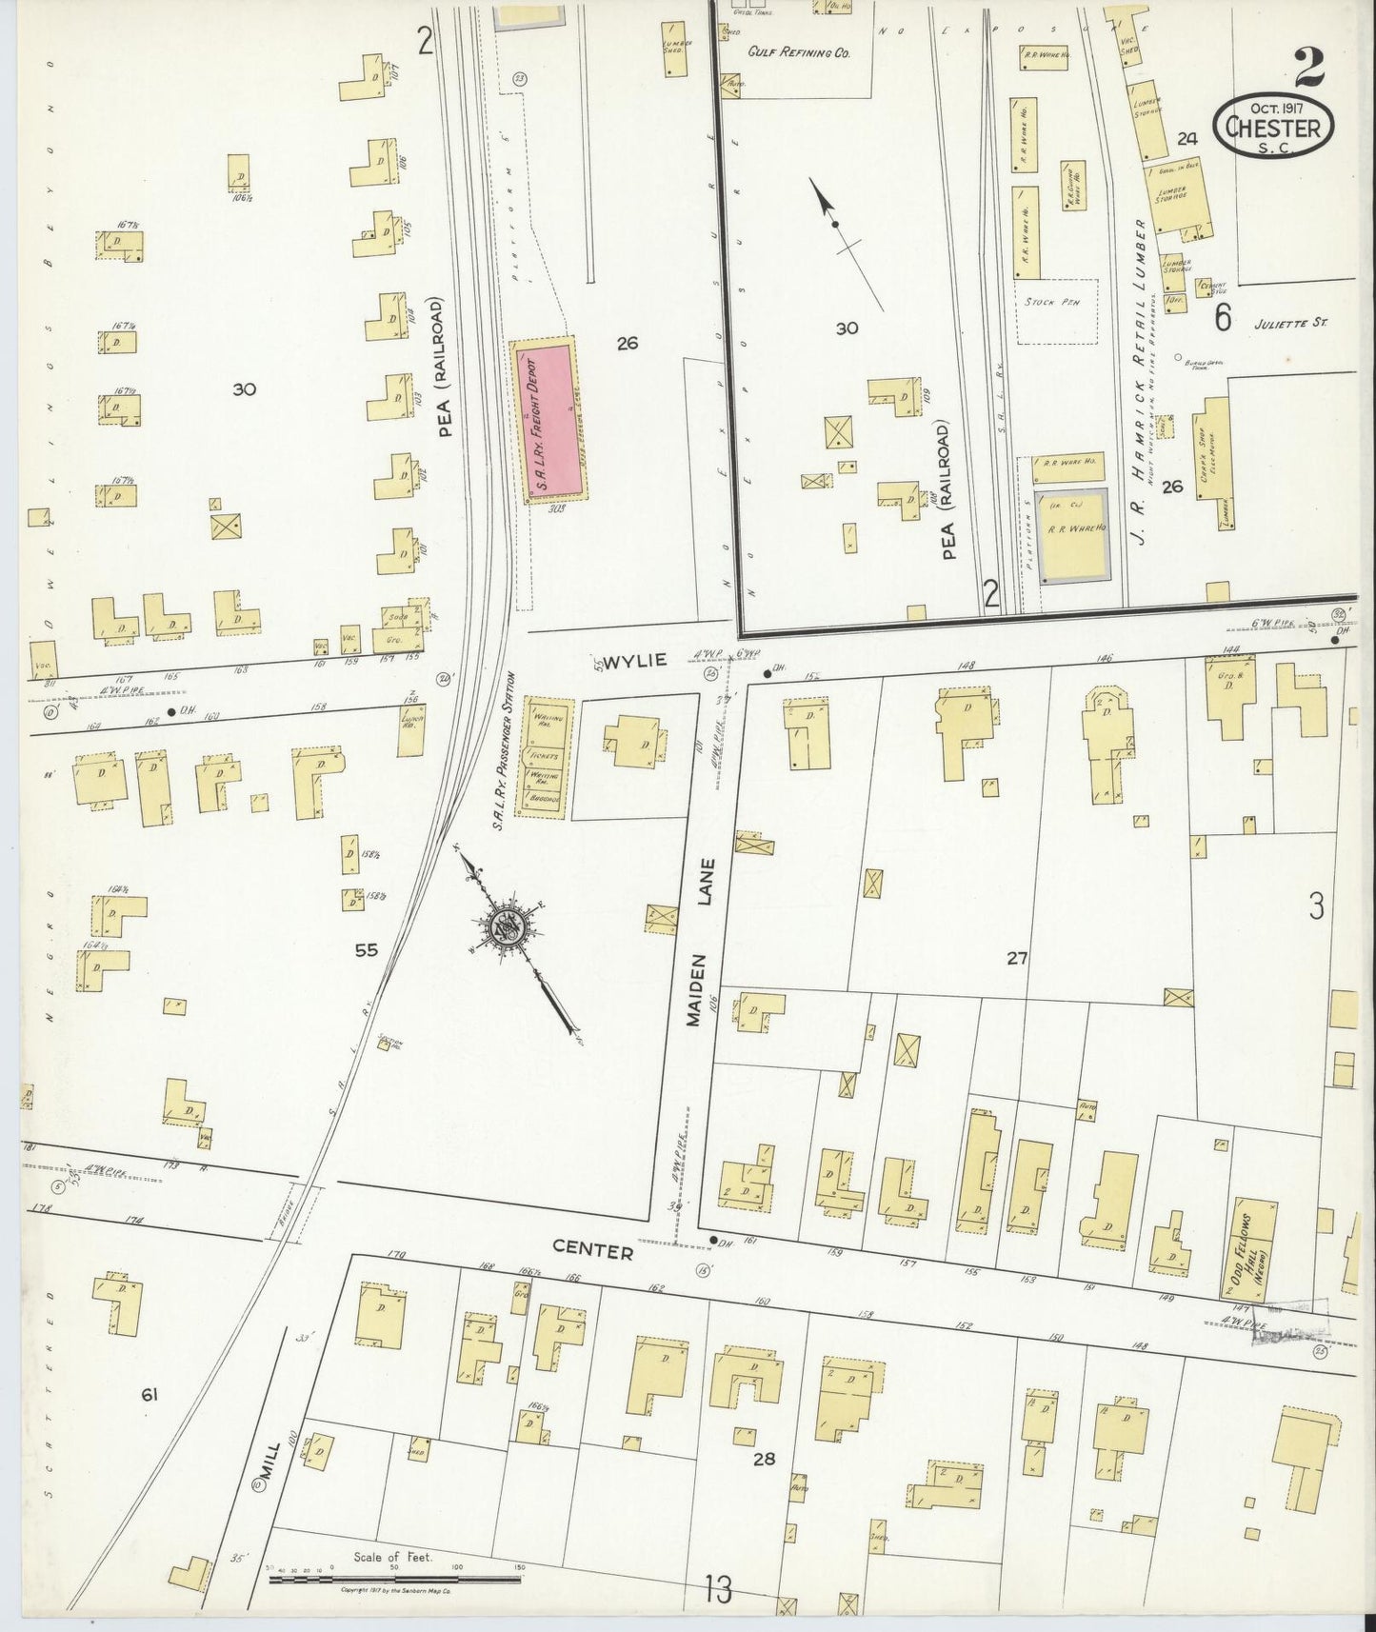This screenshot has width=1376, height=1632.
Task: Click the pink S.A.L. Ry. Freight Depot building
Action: pyautogui.click(x=550, y=420)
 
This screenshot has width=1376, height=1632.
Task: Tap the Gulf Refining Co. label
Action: pyautogui.click(x=798, y=54)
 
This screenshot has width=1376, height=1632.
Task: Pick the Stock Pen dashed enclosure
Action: pyautogui.click(x=1055, y=310)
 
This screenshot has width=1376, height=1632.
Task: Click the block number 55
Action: pyautogui.click(x=366, y=949)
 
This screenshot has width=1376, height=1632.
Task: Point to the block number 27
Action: pyautogui.click(x=1017, y=958)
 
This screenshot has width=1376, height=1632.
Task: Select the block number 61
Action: pyautogui.click(x=149, y=1396)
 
